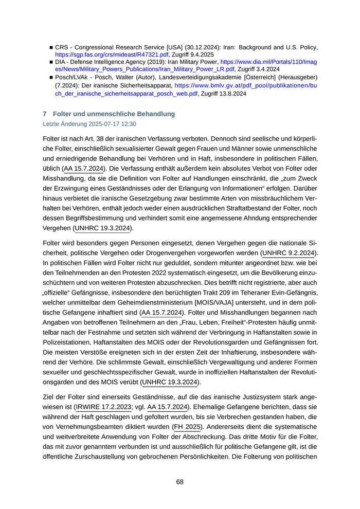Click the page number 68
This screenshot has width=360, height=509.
[179, 482]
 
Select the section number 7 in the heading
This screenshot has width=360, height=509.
[45, 114]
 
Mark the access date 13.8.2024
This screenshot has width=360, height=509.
[233, 94]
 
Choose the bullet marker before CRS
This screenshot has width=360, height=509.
[50, 47]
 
